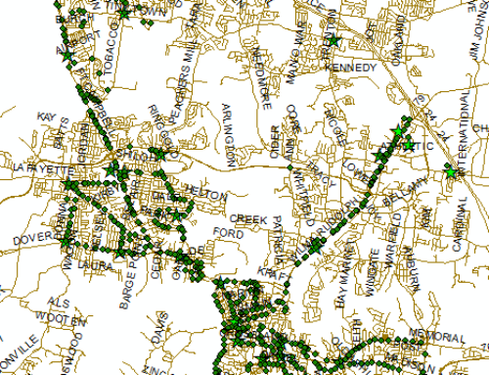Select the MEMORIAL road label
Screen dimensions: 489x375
coord(435,337)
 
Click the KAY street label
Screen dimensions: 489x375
coord(45,117)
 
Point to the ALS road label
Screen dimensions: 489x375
coord(60,305)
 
